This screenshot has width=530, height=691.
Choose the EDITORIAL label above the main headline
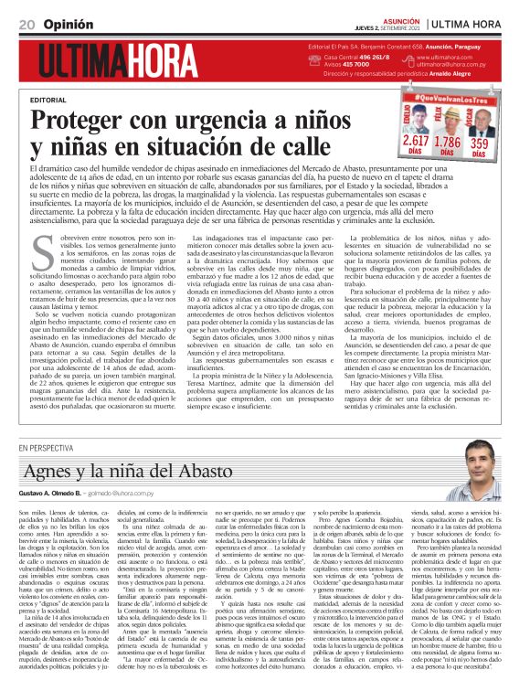(x=49, y=99)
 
